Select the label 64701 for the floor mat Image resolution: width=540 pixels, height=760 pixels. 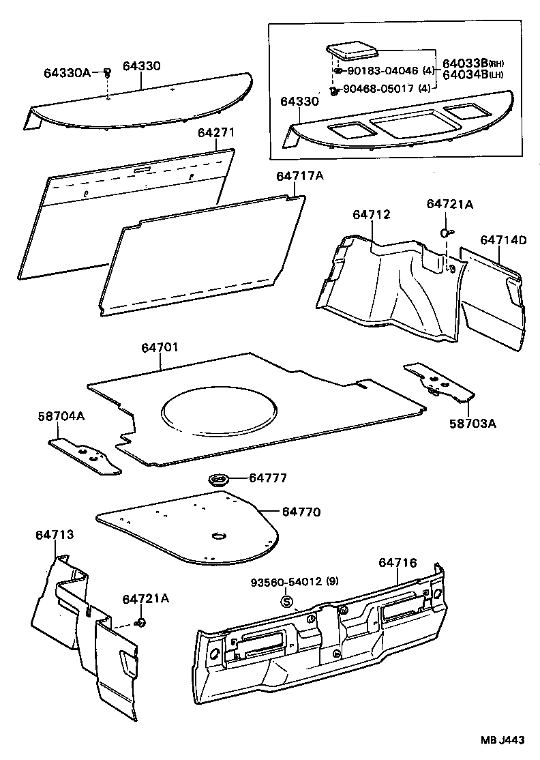(160, 348)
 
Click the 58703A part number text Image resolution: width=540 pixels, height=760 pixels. (472, 423)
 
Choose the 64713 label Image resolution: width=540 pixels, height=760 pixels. (55, 536)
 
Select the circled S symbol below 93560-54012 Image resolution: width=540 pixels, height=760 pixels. (287, 601)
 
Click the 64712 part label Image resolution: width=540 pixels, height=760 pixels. (371, 215)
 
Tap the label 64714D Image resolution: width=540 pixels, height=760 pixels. (503, 240)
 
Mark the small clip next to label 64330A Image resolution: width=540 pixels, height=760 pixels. (108, 73)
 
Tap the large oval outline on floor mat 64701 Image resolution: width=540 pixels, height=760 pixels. (219, 411)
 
